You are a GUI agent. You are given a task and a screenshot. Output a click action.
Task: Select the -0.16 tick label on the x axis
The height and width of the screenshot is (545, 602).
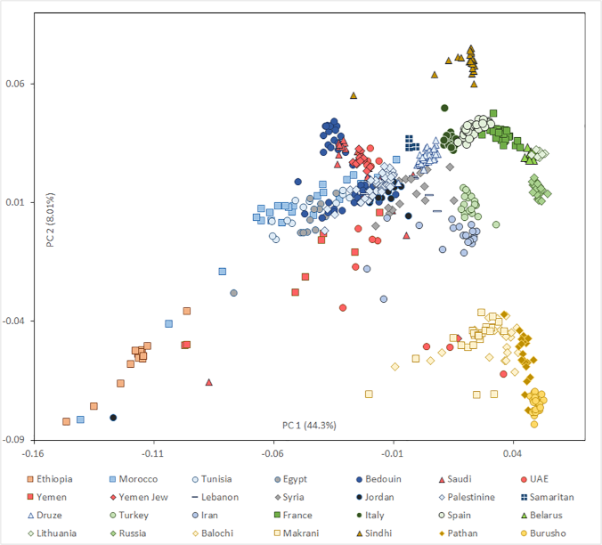tap(34, 451)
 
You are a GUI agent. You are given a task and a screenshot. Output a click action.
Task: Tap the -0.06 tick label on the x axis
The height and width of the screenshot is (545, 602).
tap(273, 451)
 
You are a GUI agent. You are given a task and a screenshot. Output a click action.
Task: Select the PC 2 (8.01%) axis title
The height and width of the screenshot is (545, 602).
tap(51, 220)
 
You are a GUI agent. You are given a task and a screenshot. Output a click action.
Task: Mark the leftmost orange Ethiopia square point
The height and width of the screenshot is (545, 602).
tap(66, 421)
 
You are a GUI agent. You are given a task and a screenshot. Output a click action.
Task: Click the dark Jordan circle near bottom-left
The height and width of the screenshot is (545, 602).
tap(113, 418)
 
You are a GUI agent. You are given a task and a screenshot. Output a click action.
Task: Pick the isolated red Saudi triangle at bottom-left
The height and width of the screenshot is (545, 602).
tap(209, 382)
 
